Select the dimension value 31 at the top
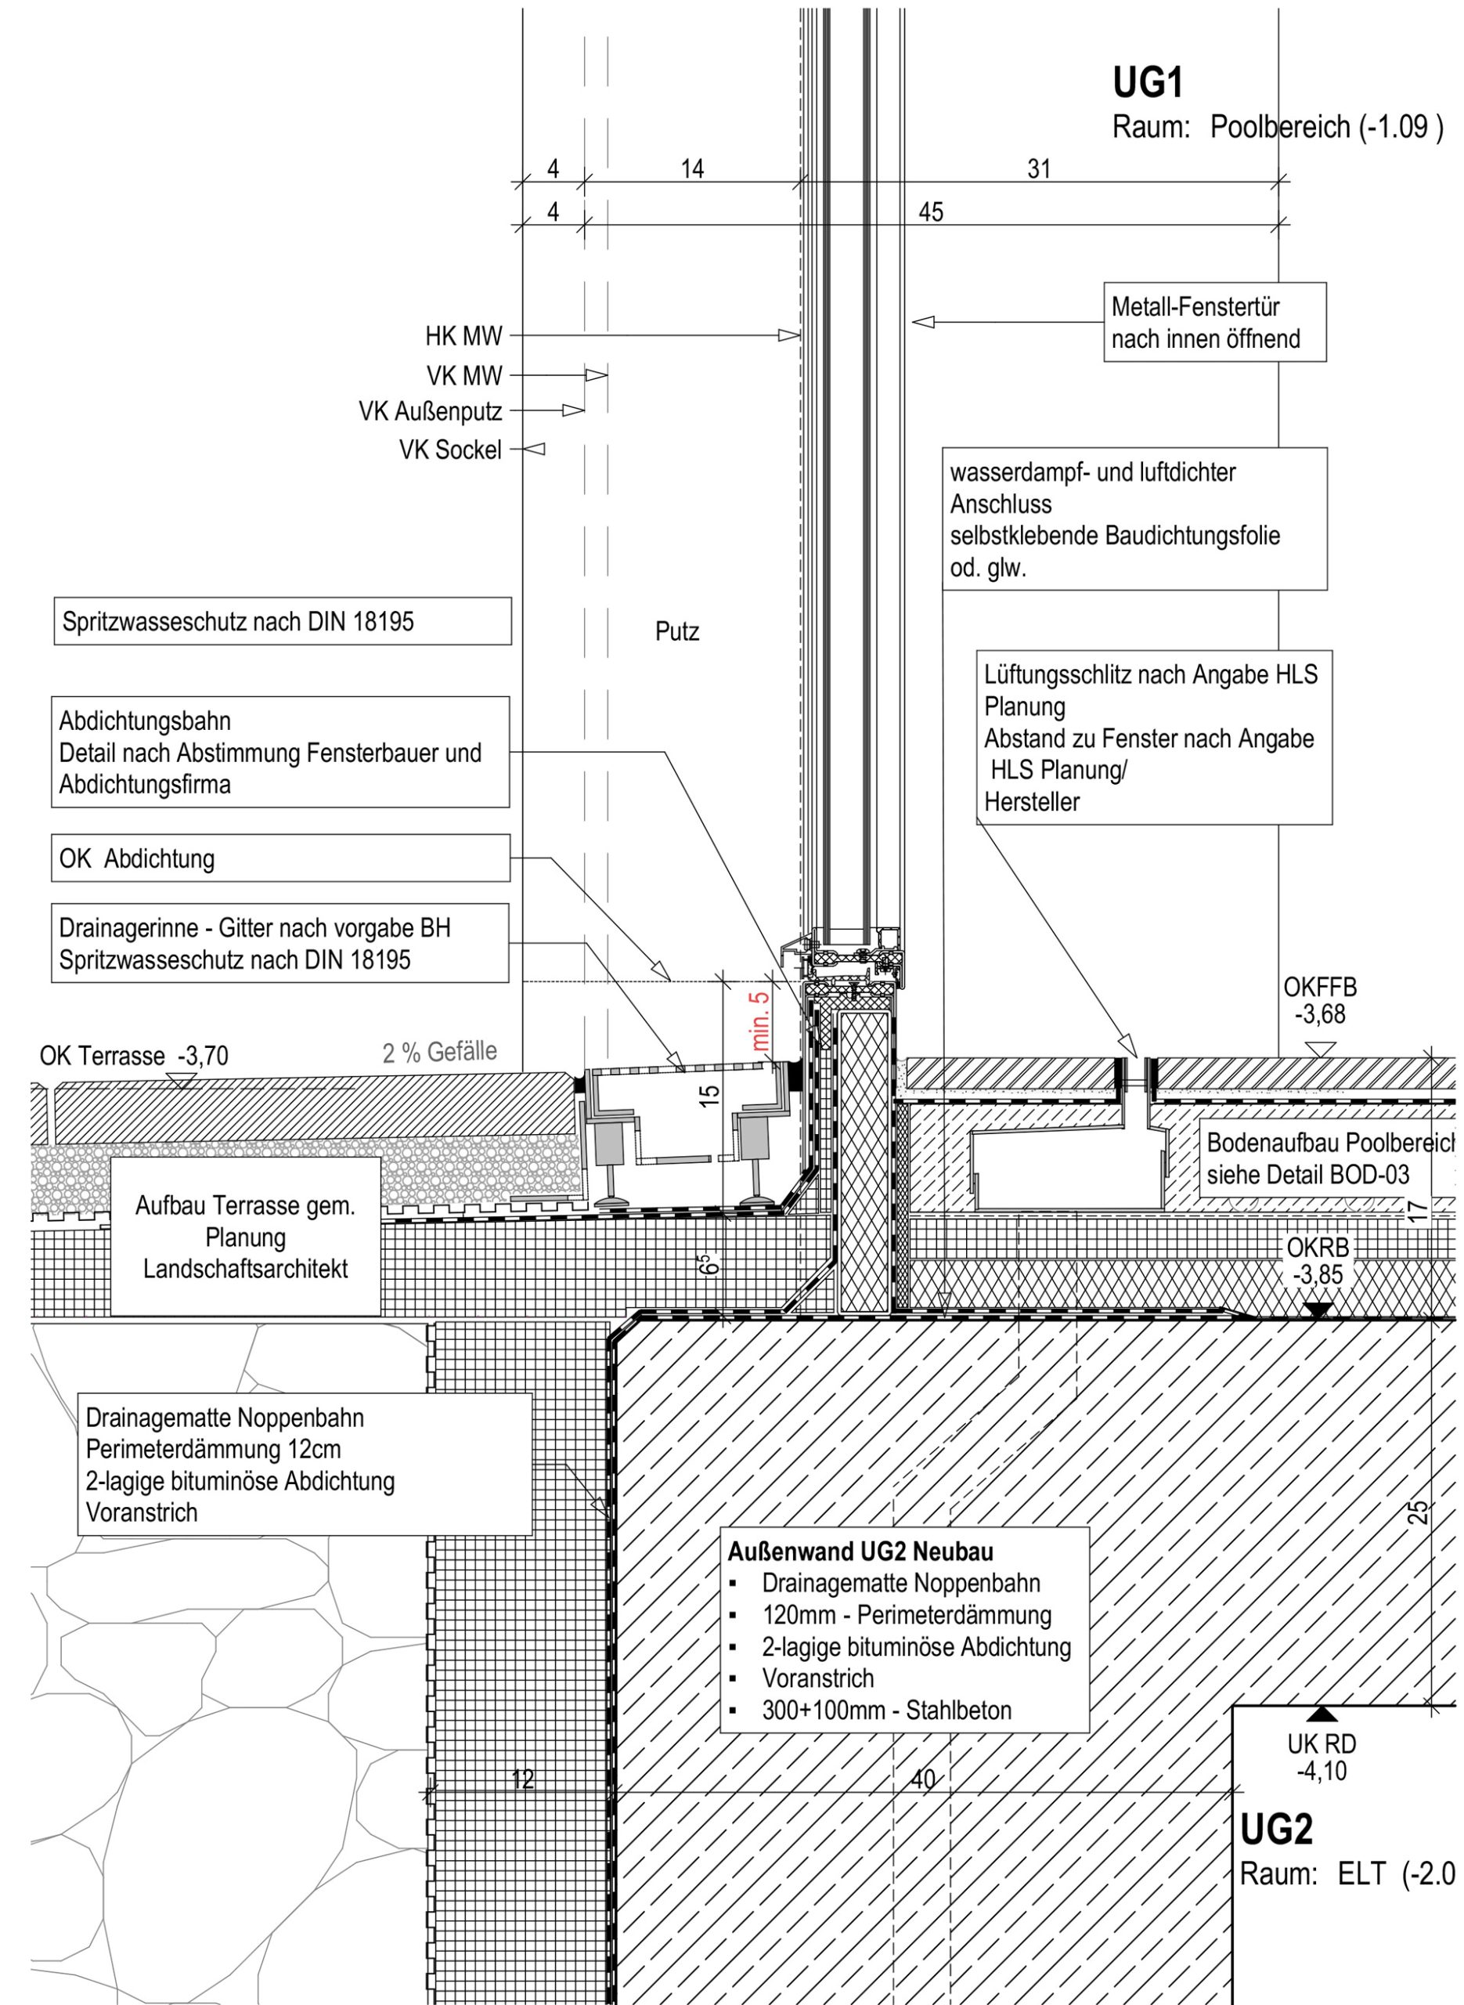1039,168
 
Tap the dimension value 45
931,211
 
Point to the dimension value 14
692,168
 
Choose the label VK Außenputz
431,411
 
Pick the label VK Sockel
450,450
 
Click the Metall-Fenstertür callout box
1214,323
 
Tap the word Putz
677,632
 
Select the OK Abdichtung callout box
281,858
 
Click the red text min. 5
760,1022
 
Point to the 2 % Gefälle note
439,1052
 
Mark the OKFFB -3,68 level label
1319,1001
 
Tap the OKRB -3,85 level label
1318,1261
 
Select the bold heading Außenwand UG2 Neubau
860,1552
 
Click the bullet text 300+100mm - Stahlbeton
886,1710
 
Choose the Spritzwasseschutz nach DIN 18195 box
283,621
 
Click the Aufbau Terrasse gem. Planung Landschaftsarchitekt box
246,1237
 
